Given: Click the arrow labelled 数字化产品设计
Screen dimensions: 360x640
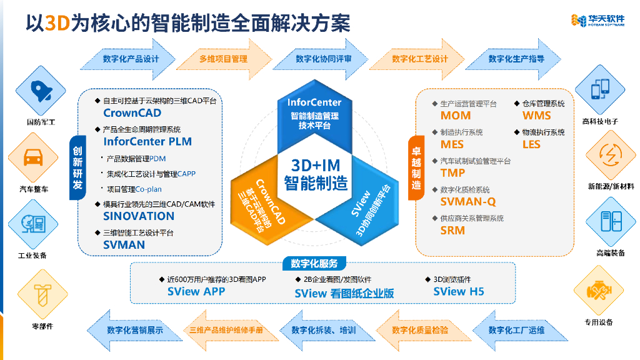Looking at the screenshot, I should click(131, 59).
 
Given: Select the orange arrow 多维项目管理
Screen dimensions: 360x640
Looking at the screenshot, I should click(226, 59).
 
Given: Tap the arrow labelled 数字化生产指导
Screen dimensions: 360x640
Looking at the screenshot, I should click(516, 59).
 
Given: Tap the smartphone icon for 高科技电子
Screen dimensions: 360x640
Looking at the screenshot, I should click(599, 89).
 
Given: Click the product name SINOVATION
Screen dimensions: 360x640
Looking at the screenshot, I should click(139, 216).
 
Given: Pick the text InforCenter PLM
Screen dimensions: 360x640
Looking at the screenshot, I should click(147, 142).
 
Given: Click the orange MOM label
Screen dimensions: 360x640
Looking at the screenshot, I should click(456, 116).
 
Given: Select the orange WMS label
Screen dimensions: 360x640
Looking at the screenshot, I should click(536, 116).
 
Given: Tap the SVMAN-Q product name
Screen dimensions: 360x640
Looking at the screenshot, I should click(468, 202).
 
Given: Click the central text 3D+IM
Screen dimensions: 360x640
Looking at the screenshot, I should click(316, 166).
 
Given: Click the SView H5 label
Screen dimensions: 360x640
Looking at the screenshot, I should click(459, 291).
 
